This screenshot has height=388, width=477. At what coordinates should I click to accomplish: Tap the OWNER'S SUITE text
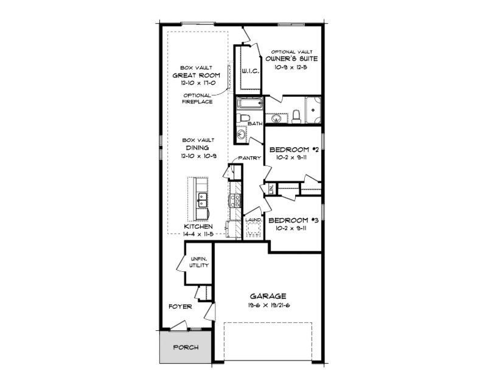292,59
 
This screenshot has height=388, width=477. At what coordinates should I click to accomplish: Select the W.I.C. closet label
251,72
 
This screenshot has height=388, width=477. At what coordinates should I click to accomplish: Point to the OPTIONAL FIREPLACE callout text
197,98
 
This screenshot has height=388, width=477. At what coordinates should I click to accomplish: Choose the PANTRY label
249,158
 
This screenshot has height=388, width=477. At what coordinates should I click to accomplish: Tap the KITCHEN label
198,226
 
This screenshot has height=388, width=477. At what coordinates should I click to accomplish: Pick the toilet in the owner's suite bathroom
296,115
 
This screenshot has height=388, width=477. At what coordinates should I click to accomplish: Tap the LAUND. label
253,220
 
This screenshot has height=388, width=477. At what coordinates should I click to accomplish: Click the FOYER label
181,307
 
